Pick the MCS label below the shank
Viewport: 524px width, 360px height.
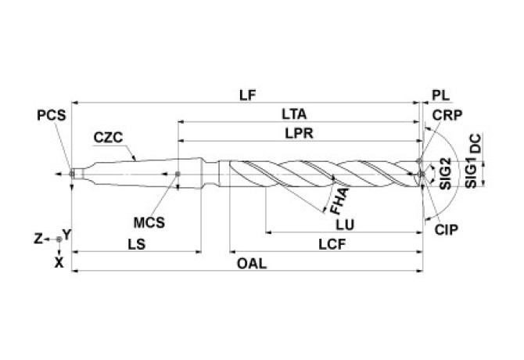[x=149, y=221]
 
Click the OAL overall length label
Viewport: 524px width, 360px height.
[x=252, y=263]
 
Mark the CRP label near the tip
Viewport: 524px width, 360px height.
[x=446, y=114]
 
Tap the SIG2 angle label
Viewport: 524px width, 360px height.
[x=446, y=174]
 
